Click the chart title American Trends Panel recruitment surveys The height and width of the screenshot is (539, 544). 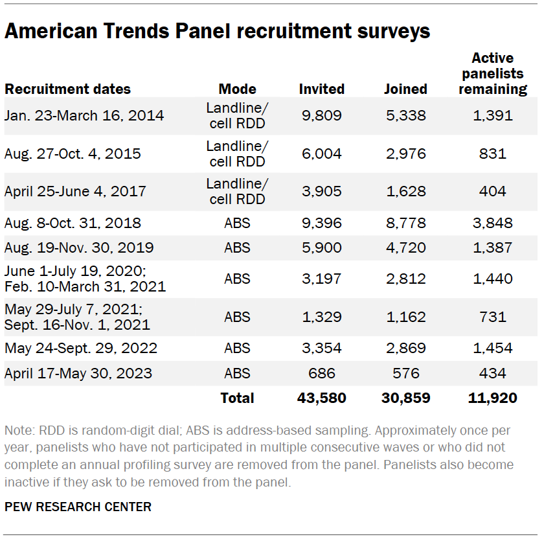(217, 30)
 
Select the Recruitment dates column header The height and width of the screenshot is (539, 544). (67, 89)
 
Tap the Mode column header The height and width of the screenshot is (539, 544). (237, 89)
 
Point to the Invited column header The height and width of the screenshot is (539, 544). (322, 89)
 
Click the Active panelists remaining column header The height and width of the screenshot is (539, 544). (493, 74)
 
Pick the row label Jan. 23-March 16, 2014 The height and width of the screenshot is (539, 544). (84, 116)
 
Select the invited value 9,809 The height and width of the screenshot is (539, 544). (322, 116)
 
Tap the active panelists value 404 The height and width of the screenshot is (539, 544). (493, 192)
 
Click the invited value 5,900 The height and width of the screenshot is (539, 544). (322, 248)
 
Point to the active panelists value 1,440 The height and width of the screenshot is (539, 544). (493, 279)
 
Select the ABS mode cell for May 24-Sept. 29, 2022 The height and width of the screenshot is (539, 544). (237, 349)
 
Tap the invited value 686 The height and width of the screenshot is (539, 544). (322, 374)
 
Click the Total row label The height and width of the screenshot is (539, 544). (237, 398)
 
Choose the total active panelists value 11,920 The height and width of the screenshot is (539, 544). (492, 398)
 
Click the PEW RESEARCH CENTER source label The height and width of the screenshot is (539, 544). (78, 507)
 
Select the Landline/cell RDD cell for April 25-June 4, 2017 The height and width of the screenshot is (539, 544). (237, 192)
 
